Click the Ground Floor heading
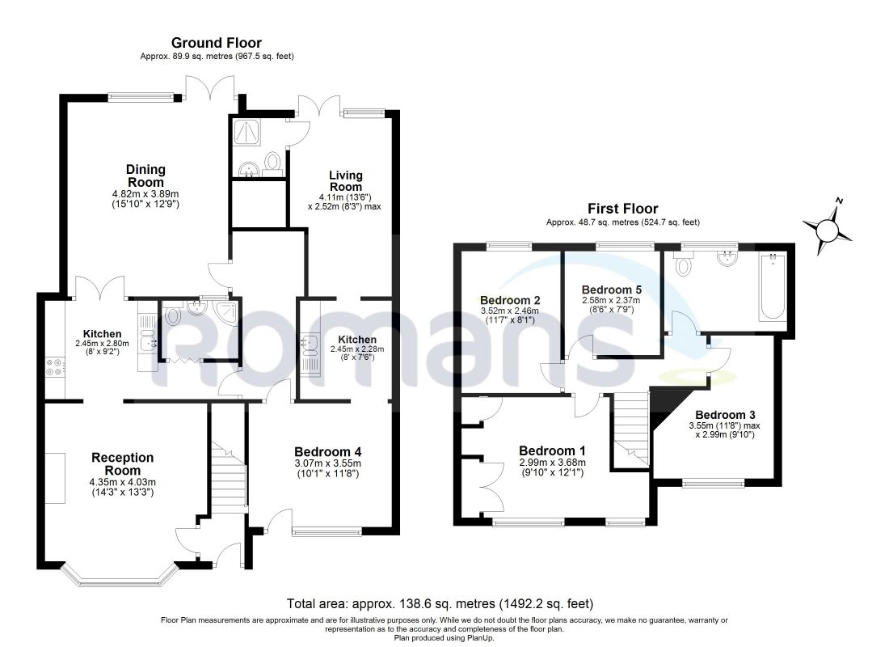(216, 43)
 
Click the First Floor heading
(622, 209)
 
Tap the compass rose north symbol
(828, 229)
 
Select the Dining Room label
(145, 175)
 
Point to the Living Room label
(346, 181)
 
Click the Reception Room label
(123, 463)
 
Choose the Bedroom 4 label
(327, 452)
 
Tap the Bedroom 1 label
(553, 450)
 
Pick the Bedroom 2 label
(510, 300)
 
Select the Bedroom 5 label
(611, 290)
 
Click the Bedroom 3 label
(725, 415)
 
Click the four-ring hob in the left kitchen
(56, 367)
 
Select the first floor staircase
(631, 429)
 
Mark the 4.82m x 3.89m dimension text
(145, 193)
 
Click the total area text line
(440, 604)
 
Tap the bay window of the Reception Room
(117, 574)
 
